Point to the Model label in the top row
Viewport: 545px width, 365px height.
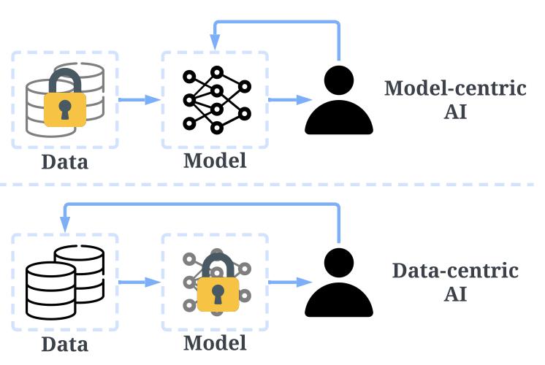(215, 160)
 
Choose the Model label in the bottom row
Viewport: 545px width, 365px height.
(215, 342)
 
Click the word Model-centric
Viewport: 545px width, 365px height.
(455, 89)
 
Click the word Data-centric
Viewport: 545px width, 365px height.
(455, 271)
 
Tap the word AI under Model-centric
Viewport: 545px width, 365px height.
(455, 115)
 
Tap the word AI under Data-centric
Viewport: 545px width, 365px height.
(455, 296)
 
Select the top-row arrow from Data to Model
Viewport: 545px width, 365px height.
(139, 99)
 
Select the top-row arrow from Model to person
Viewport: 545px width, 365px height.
(286, 99)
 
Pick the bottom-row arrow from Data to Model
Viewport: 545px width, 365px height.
(139, 281)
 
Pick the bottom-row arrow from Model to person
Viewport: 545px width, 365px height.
(286, 281)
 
